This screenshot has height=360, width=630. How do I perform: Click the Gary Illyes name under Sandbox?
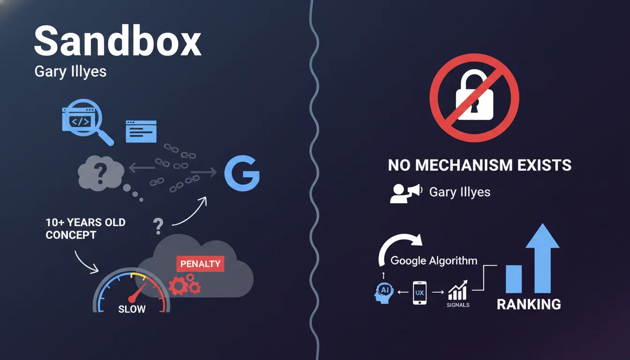[70, 72]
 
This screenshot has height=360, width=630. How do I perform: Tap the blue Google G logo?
[241, 173]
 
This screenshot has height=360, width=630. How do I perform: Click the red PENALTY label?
[200, 263]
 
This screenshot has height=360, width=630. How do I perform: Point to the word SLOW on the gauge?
[132, 309]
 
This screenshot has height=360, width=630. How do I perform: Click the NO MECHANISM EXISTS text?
[480, 165]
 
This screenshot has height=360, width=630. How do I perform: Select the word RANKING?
[529, 304]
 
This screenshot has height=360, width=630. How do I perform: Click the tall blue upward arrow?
[542, 257]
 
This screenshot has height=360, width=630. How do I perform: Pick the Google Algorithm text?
[434, 261]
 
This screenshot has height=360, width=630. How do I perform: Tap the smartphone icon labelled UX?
[419, 292]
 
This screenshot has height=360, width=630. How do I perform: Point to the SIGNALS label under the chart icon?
[458, 305]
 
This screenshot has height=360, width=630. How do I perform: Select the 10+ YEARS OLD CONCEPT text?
[85, 228]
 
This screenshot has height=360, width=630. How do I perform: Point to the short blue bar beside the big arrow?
[513, 279]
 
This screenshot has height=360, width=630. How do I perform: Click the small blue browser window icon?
[141, 131]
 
